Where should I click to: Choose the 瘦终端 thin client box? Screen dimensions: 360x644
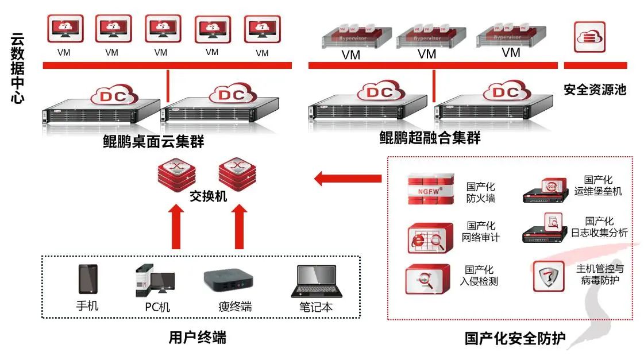coord(228,280)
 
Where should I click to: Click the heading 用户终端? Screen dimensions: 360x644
coord(197,337)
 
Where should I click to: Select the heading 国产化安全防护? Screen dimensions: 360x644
coord(515,339)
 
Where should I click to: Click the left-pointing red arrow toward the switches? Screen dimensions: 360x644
coord(348,179)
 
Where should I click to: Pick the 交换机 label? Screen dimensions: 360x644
coord(209,196)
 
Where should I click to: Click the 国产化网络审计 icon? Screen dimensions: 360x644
coord(427,237)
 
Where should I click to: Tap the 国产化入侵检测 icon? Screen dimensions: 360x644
coord(426,279)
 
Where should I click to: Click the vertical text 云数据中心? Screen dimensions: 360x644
coord(18,68)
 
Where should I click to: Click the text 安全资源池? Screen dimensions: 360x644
coord(594,90)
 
